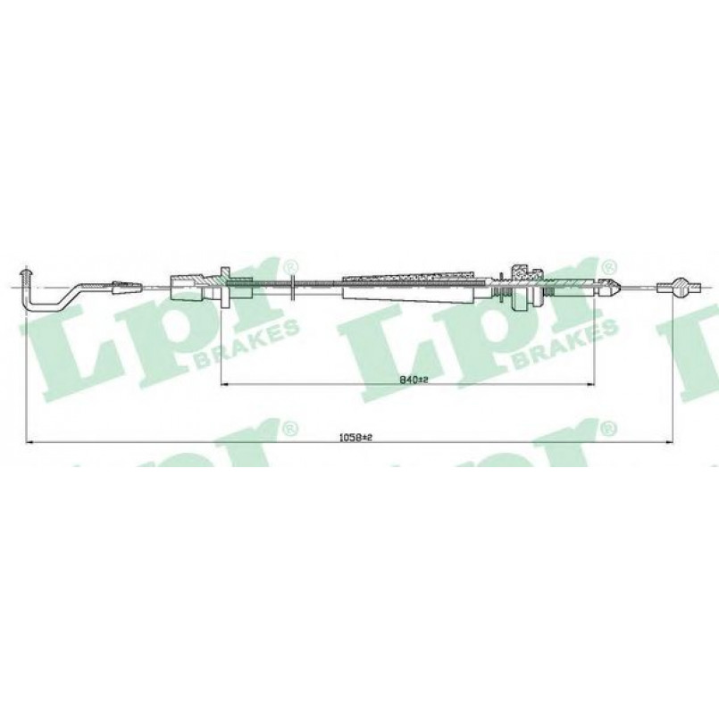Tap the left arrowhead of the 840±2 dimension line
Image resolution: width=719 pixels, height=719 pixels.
tap(224, 384)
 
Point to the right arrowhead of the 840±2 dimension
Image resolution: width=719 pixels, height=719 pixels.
tap(590, 384)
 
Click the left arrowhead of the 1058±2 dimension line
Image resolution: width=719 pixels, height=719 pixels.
tap(29, 442)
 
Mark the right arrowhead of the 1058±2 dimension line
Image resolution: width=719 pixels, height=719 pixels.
tap(669, 442)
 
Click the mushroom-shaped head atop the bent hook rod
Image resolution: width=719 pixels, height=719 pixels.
tap(26, 273)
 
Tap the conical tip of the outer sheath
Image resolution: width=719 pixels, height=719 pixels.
tap(610, 288)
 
